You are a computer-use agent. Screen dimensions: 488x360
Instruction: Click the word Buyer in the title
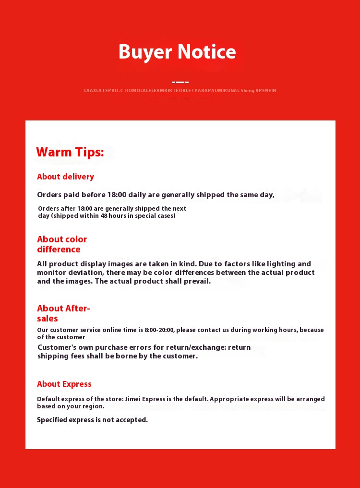click(x=145, y=52)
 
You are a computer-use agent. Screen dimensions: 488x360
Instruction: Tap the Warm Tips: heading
click(x=70, y=152)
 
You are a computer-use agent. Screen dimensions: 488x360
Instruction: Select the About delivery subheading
click(x=65, y=177)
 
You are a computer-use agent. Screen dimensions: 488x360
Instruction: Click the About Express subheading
click(x=64, y=384)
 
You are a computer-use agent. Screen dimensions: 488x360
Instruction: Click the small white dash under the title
click(x=180, y=82)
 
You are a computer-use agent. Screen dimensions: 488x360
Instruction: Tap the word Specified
click(x=52, y=420)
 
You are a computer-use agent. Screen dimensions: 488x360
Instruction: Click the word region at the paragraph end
click(x=92, y=406)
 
